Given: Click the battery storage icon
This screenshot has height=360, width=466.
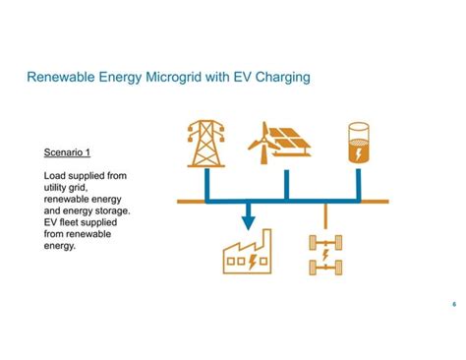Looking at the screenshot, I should coord(361,145).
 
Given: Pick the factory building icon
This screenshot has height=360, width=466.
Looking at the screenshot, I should coord(246,254).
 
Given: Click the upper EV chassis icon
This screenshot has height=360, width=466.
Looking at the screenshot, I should coord(324,240).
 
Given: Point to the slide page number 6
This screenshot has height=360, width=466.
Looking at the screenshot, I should coord(453,304).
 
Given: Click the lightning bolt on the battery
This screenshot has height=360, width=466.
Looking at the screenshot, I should coord(361,152).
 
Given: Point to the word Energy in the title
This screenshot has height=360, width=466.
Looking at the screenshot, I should coord(122,75).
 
